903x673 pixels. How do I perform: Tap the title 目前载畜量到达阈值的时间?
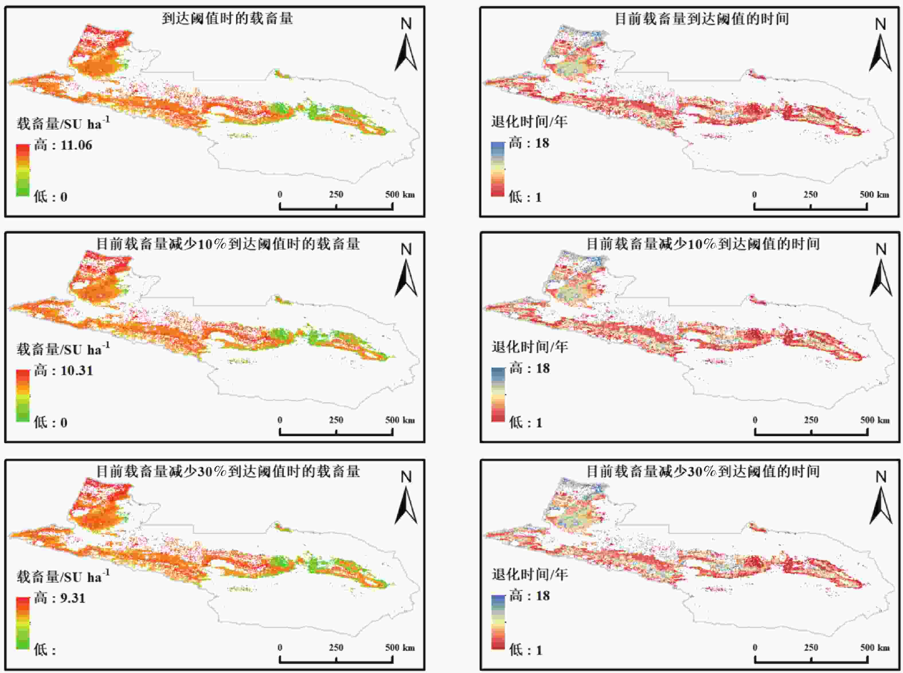[x=701, y=19]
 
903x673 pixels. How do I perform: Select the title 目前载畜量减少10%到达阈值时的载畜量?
[x=228, y=244]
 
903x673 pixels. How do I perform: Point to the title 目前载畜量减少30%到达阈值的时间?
[x=703, y=471]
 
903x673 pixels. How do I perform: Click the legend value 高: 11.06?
[x=63, y=145]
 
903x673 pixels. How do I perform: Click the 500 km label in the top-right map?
[x=875, y=195]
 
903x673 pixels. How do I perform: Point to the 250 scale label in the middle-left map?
[x=336, y=420]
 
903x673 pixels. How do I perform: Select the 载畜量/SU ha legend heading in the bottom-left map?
[x=63, y=577]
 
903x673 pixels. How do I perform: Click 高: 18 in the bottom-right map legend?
[x=529, y=596]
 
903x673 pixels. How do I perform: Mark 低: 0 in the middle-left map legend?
[x=50, y=422]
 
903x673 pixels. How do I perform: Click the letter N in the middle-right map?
[x=881, y=249]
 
